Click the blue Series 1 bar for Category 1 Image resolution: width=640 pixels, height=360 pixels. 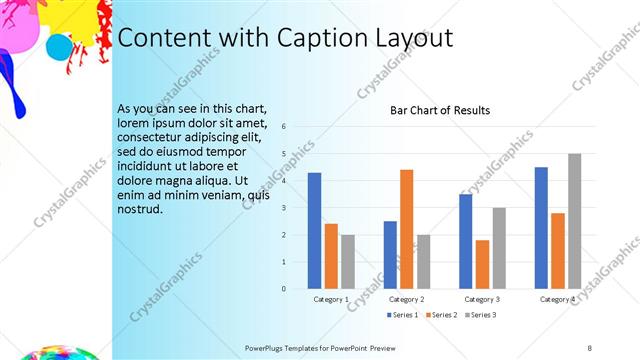click(314, 230)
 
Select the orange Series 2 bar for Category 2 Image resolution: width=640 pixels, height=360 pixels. click(407, 229)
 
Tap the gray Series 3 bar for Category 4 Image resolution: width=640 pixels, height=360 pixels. click(574, 221)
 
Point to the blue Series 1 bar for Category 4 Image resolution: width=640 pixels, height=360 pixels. click(541, 228)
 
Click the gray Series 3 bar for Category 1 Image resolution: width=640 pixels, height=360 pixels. click(347, 261)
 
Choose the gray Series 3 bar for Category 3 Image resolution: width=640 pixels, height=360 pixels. click(499, 248)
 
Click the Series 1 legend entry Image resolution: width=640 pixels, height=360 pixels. click(402, 315)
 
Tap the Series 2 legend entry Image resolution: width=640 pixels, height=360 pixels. click(441, 315)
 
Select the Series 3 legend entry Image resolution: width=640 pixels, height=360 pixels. click(480, 315)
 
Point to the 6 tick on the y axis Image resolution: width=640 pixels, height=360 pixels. click(285, 127)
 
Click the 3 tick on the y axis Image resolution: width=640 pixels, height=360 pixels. click(285, 208)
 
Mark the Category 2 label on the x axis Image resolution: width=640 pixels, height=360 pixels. click(406, 299)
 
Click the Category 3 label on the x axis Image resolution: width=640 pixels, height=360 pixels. click(482, 299)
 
